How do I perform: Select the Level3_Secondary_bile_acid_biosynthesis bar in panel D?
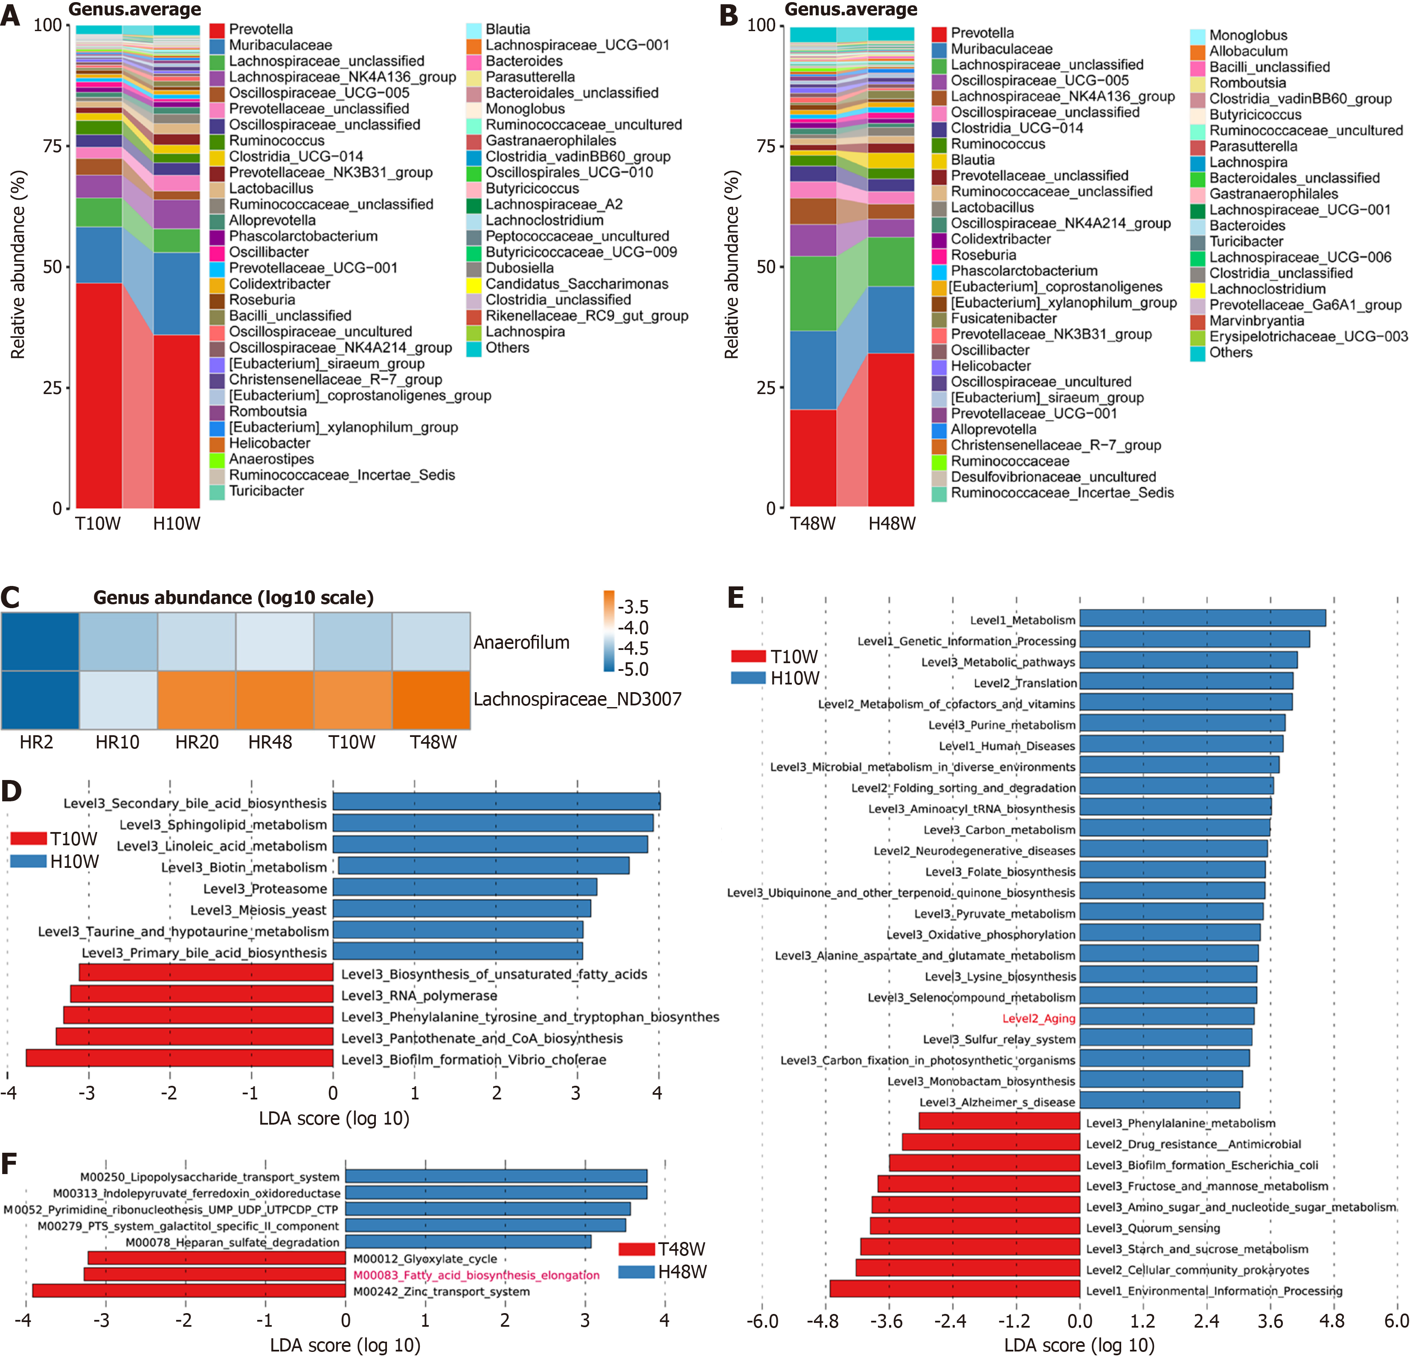pos(496,802)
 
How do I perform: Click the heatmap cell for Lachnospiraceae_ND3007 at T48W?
pos(431,700)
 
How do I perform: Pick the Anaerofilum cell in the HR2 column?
pos(40,641)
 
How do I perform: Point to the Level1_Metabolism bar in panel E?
pos(1202,618)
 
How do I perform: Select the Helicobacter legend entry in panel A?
pos(269,443)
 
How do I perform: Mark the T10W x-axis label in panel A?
pos(98,524)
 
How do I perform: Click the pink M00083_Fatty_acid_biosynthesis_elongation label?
pos(476,1275)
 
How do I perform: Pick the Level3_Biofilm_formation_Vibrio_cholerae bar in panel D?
pos(180,1058)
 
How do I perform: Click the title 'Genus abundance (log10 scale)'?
pos(233,598)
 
